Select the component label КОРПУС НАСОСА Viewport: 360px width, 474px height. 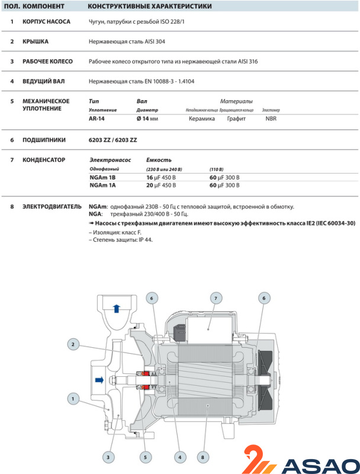click(x=46, y=21)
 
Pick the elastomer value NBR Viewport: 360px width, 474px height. click(x=271, y=118)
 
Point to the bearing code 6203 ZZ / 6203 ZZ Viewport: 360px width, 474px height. click(x=113, y=140)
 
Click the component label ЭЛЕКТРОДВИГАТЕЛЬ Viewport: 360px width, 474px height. click(x=52, y=207)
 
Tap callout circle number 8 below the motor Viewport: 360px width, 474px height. click(x=204, y=457)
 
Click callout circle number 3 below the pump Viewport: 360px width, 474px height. click(x=108, y=457)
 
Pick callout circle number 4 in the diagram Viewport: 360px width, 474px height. click(x=181, y=457)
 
